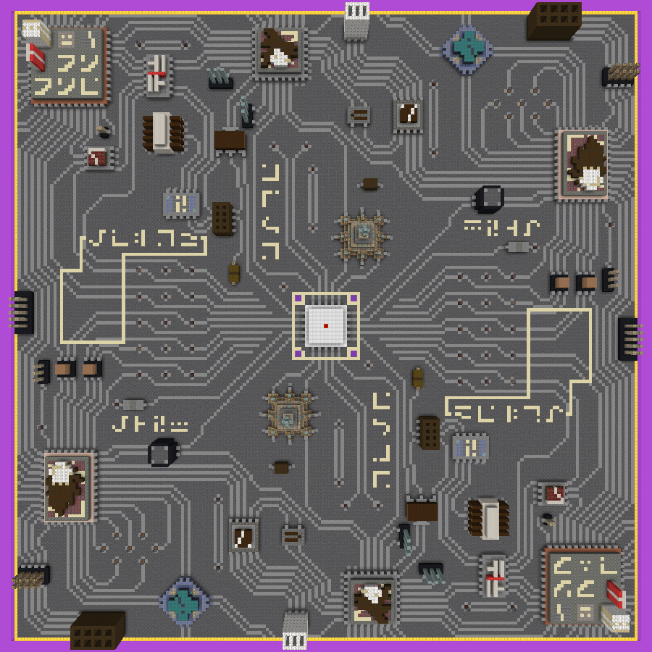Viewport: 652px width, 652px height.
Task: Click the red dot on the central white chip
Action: (326, 326)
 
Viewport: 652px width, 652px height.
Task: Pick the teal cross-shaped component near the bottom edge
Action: (184, 601)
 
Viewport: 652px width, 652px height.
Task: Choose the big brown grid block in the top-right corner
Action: (553, 20)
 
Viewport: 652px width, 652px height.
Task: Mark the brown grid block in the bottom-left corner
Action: (97, 630)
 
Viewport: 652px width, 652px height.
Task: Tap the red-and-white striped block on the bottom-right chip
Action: (615, 593)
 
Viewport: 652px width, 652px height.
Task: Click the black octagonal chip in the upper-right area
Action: (489, 198)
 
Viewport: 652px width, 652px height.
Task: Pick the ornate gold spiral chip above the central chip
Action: (361, 235)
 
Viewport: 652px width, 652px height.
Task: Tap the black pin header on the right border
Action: (628, 338)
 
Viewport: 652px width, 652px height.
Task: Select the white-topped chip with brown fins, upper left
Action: (161, 133)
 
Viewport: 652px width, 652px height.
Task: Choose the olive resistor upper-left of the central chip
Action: (233, 273)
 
